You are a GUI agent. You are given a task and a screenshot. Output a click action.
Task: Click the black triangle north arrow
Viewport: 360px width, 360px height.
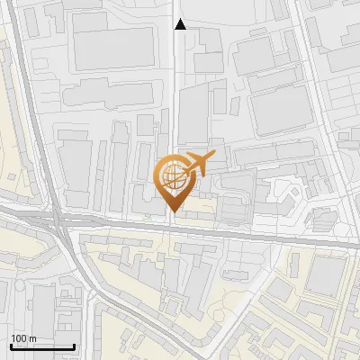pyautogui.click(x=180, y=25)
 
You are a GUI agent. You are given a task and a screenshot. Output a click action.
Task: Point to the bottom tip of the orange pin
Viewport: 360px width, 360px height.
pyautogui.click(x=172, y=212)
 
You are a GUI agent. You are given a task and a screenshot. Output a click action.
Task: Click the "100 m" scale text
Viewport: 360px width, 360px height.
pyautogui.click(x=24, y=338)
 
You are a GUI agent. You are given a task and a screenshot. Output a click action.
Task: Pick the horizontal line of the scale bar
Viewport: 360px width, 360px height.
pyautogui.click(x=42, y=346)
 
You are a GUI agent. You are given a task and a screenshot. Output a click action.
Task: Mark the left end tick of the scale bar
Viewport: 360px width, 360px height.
pyautogui.click(x=11, y=345)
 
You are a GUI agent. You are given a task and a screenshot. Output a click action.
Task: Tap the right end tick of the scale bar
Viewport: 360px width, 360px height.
pyautogui.click(x=74, y=345)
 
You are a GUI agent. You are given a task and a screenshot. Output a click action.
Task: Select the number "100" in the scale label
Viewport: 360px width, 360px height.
pyautogui.click(x=20, y=338)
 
